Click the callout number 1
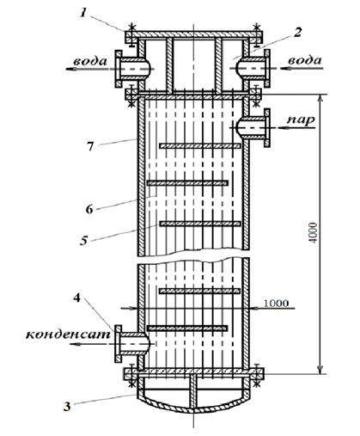[82, 13]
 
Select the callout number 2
[297, 33]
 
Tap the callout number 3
[67, 407]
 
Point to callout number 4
[77, 298]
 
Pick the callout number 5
[83, 240]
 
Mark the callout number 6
[89, 209]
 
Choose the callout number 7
[90, 146]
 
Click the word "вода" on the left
[90, 61]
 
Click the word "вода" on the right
[305, 60]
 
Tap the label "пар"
[301, 120]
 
